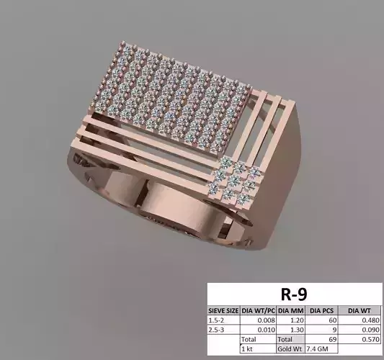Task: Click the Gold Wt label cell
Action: [287, 347]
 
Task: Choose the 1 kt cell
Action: [249, 347]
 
